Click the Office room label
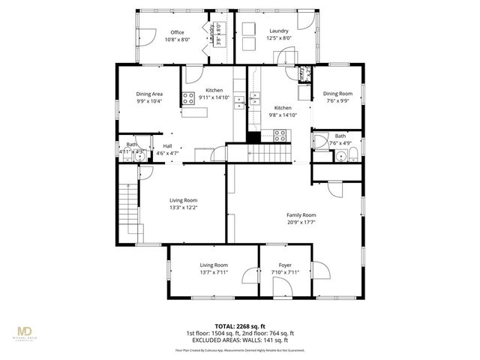tap(177, 32)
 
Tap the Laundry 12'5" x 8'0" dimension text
tap(279, 39)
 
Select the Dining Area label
tap(150, 94)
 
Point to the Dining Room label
tap(337, 94)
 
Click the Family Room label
tap(301, 214)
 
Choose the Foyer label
tap(285, 265)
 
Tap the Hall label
tap(167, 146)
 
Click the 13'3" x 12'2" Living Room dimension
tap(183, 208)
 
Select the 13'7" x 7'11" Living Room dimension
tap(213, 272)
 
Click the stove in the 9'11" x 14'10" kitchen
tap(187, 97)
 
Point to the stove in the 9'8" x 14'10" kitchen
tap(280, 136)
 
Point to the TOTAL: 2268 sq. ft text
tap(239, 326)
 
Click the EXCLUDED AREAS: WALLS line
tap(239, 340)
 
